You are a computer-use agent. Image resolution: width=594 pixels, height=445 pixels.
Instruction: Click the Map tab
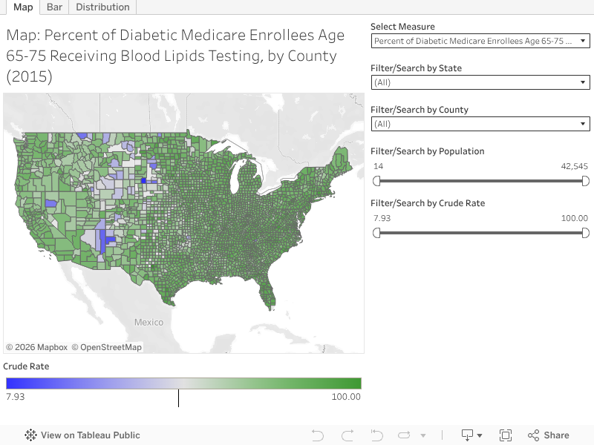pyautogui.click(x=23, y=7)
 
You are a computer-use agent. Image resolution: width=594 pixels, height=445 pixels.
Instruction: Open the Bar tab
pyautogui.click(x=54, y=7)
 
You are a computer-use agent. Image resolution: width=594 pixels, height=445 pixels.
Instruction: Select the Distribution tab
pyautogui.click(x=102, y=7)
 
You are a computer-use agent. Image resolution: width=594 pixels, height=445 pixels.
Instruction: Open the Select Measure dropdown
pyautogui.click(x=480, y=41)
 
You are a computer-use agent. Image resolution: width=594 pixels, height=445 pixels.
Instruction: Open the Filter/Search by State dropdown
pyautogui.click(x=480, y=82)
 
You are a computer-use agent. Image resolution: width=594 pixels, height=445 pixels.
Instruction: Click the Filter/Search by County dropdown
pyautogui.click(x=480, y=124)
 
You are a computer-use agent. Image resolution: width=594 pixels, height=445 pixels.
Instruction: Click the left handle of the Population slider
pyautogui.click(x=376, y=181)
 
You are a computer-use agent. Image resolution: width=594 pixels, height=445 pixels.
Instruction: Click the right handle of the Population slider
pyautogui.click(x=585, y=181)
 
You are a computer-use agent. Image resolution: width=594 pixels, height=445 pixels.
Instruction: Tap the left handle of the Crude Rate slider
pyautogui.click(x=376, y=233)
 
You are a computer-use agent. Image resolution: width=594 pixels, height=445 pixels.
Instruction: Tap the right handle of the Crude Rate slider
pyautogui.click(x=585, y=233)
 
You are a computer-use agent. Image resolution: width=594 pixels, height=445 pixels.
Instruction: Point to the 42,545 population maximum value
pyautogui.click(x=574, y=166)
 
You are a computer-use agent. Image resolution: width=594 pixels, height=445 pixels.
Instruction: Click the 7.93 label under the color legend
pyautogui.click(x=16, y=397)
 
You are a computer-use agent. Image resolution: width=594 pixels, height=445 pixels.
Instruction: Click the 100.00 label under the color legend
pyautogui.click(x=345, y=397)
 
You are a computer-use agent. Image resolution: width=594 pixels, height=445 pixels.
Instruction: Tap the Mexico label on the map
pyautogui.click(x=148, y=322)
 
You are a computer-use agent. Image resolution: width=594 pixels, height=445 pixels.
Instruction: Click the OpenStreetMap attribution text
pyautogui.click(x=111, y=347)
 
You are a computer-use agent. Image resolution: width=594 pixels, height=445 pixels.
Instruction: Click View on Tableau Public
pyautogui.click(x=82, y=435)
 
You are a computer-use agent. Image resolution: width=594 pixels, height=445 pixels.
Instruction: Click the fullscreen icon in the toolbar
pyautogui.click(x=506, y=435)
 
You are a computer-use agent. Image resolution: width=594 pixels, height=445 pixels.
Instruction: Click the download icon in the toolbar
pyautogui.click(x=468, y=435)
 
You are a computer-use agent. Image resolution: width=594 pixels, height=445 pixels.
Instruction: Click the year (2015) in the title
pyautogui.click(x=29, y=76)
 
